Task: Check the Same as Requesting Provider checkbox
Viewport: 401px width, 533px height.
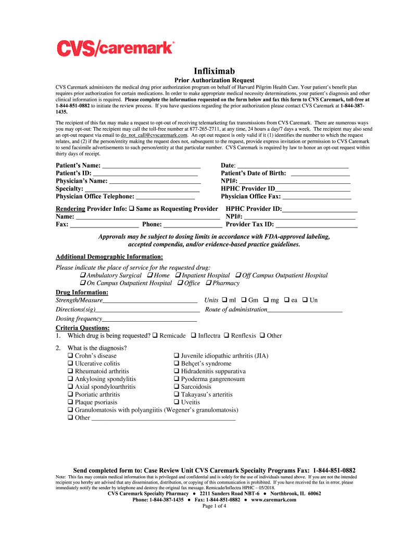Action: pyautogui.click(x=132, y=209)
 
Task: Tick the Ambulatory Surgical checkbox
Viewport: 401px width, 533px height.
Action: pyautogui.click(x=83, y=275)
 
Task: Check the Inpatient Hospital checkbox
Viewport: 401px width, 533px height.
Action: pyautogui.click(x=178, y=275)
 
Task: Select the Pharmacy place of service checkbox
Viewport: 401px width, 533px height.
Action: pyautogui.click(x=208, y=283)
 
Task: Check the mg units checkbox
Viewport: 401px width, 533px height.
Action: pyautogui.click(x=266, y=300)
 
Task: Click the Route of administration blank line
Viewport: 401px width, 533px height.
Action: pyautogui.click(x=305, y=310)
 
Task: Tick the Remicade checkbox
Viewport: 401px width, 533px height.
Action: pyautogui.click(x=155, y=336)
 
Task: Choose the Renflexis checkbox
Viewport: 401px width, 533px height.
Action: pyautogui.click(x=227, y=336)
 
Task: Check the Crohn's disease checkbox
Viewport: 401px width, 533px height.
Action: pyautogui.click(x=70, y=356)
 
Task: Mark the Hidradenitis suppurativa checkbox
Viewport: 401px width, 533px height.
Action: pyautogui.click(x=177, y=372)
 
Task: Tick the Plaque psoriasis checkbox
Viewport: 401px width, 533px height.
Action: pyautogui.click(x=70, y=402)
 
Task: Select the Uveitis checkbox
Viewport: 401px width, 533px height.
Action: pyautogui.click(x=177, y=402)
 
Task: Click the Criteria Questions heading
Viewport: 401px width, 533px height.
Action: pyautogui.click(x=82, y=328)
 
